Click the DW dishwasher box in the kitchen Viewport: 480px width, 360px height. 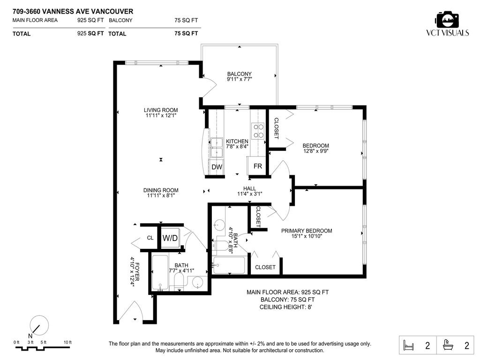pos(217,167)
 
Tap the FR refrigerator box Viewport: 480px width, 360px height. pos(257,166)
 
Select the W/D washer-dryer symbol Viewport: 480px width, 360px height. pos(170,238)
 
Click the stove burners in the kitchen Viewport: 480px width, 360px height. pos(258,130)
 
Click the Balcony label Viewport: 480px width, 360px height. pos(239,74)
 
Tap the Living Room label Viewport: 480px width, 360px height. pos(161,110)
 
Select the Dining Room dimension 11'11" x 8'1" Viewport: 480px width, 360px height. pos(161,196)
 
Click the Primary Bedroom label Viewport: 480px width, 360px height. pos(307,231)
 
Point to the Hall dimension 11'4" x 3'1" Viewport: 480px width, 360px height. pos(249,194)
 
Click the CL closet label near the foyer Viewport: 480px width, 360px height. pos(150,238)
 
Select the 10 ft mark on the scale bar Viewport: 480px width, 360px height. pos(67,343)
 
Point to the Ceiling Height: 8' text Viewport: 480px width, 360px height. pos(285,307)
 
